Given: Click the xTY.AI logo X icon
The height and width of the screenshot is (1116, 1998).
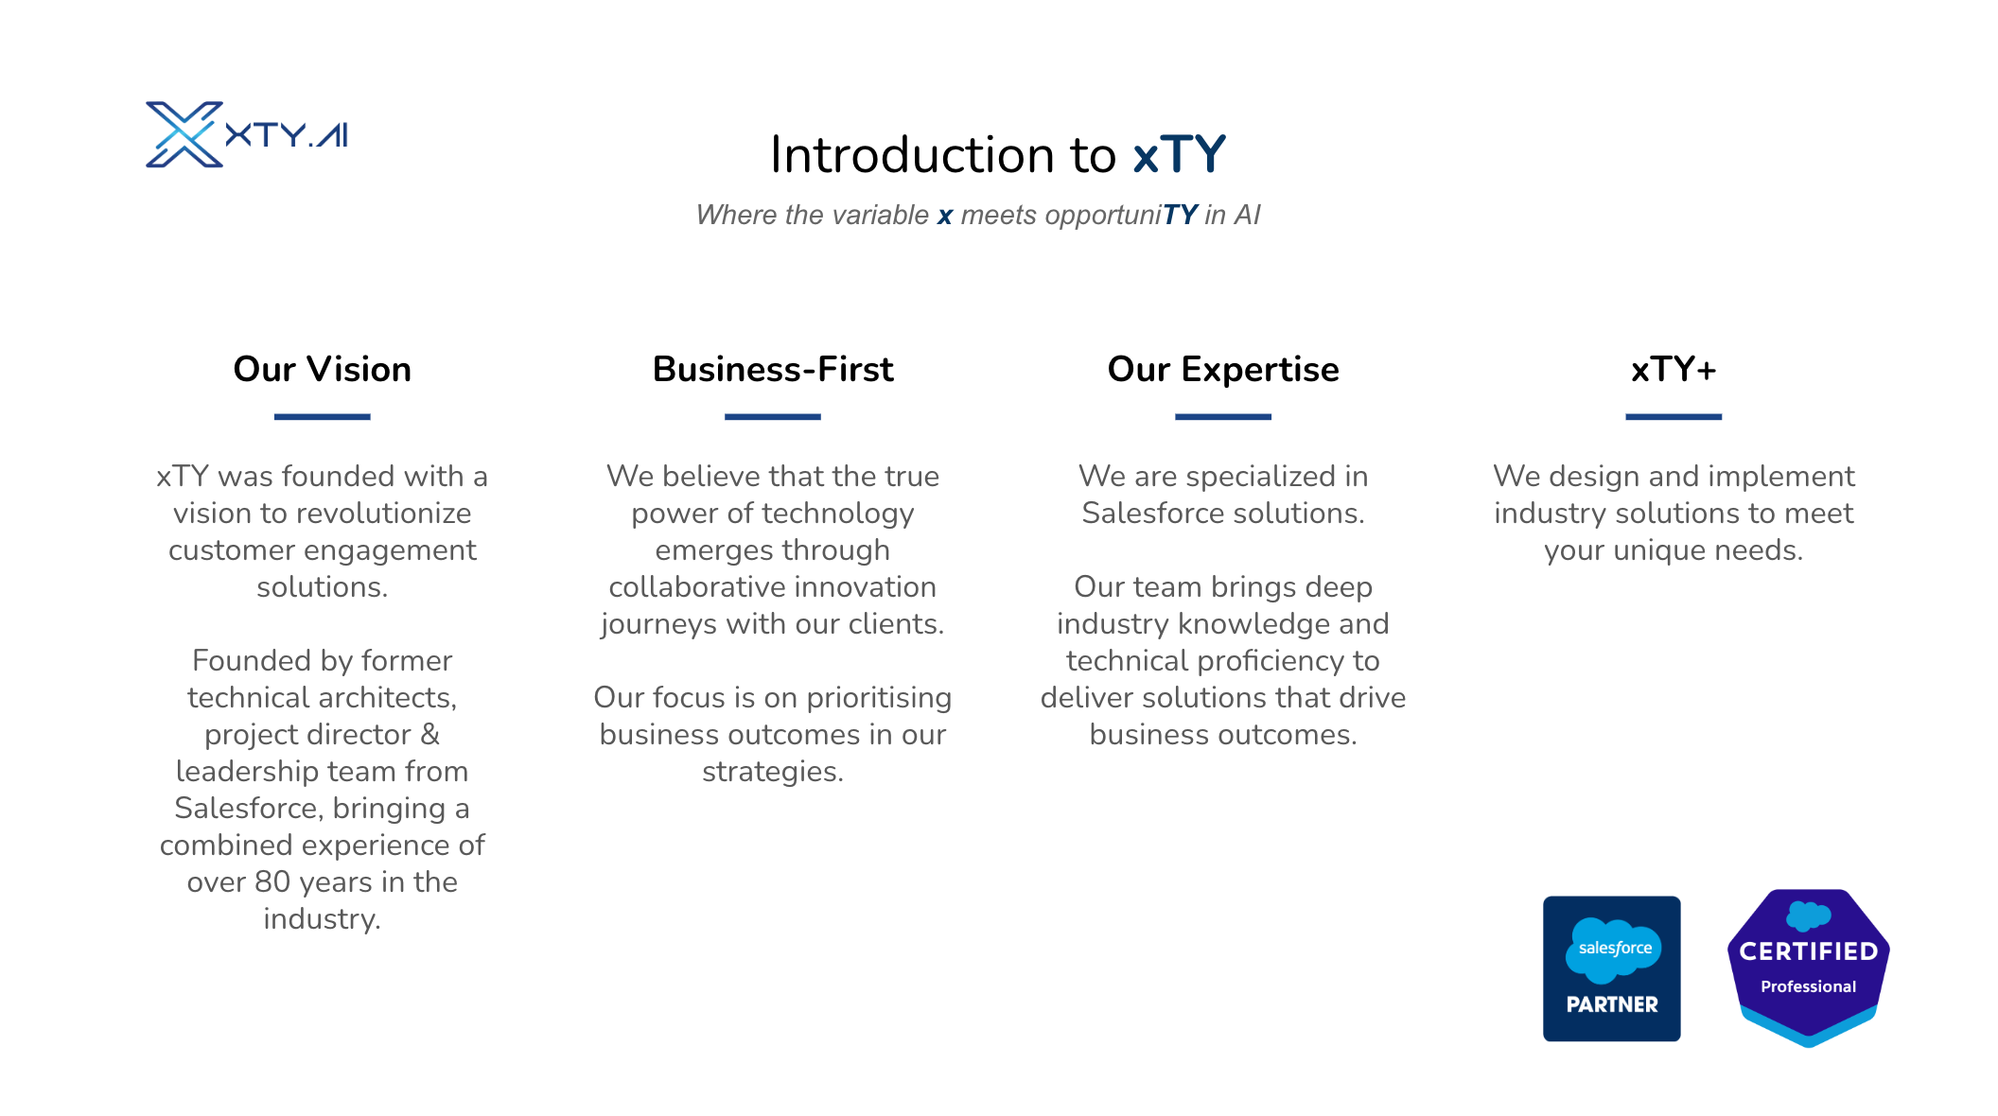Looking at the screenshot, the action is click(184, 134).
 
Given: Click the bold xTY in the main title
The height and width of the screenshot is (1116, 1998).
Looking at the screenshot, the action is click(1180, 154).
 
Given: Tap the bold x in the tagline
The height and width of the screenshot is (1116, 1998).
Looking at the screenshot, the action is click(944, 216).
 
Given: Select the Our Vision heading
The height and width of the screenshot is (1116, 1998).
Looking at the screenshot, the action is click(323, 369).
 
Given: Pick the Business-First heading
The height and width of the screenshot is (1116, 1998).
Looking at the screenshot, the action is click(773, 369).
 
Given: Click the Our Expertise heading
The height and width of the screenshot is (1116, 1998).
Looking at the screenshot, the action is click(1223, 369).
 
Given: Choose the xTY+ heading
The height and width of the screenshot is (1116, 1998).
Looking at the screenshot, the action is click(1674, 369).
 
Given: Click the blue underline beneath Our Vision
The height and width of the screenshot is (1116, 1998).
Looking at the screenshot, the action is click(323, 416).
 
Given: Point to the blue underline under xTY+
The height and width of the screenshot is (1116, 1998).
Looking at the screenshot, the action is click(1674, 416).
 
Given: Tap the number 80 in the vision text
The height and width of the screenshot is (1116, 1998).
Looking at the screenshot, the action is click(272, 881).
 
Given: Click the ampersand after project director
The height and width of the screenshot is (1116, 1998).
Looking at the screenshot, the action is click(430, 734).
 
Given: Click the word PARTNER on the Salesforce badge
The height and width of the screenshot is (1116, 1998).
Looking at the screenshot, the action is click(1612, 1004).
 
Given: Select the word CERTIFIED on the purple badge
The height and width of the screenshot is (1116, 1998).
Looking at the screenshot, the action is click(1809, 951).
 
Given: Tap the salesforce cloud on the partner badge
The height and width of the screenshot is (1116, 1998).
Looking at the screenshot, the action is click(1614, 950).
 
